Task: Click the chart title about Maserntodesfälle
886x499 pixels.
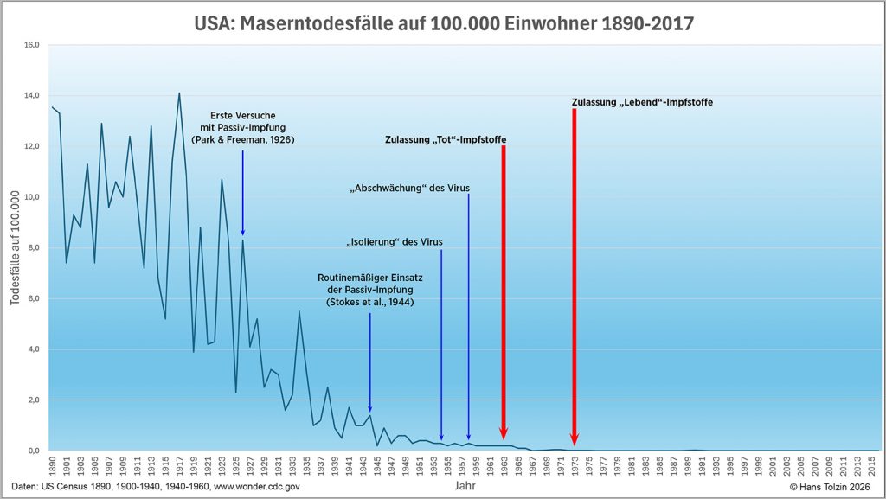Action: point(443,23)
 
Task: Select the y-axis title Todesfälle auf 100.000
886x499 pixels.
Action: point(14,247)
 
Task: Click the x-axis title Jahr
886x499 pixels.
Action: point(465,486)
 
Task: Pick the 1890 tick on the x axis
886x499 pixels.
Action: point(53,467)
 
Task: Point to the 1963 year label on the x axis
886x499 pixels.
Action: point(503,467)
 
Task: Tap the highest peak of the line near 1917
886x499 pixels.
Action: point(179,93)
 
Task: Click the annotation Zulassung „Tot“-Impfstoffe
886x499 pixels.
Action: point(446,139)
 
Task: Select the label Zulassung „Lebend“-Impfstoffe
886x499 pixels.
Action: point(642,102)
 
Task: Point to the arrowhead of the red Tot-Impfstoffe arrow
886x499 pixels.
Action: point(503,433)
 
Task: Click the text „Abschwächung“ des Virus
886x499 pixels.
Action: point(409,188)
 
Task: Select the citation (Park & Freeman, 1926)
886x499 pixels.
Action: point(242,139)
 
